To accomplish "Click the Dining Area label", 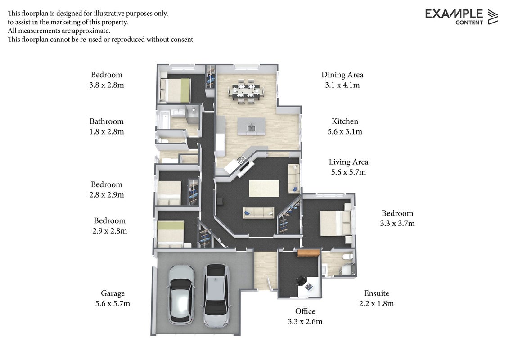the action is point(342,75).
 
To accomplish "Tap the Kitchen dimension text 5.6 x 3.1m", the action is point(345,132).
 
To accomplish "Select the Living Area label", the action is point(348,162).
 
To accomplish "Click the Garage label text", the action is point(113,293).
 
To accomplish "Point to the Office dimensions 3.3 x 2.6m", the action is point(305,322).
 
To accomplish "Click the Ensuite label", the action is point(377,293).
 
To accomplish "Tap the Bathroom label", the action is point(107,121).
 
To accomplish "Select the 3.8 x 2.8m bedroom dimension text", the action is point(107,85).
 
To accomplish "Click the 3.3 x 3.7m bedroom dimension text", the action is point(397,224).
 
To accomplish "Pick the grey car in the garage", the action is point(216,295).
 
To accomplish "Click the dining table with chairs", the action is point(246,91).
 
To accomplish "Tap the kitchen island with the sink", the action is point(251,126).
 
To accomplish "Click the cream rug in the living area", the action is point(264,188).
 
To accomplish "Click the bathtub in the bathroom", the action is point(163,120).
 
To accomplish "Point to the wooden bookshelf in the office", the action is point(309,253).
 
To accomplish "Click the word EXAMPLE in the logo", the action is point(454,14).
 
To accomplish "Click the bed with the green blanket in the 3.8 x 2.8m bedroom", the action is point(175,90).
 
